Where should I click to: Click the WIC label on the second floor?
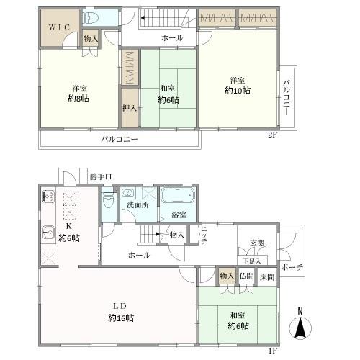point(59,27)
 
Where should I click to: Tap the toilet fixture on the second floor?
point(91,18)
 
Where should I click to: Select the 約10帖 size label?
point(238,91)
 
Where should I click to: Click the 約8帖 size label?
point(78,99)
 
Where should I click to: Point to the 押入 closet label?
point(130,108)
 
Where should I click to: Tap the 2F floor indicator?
point(273,135)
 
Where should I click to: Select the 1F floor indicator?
point(273,351)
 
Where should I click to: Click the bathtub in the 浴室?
point(178,196)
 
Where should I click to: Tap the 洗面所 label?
point(138,205)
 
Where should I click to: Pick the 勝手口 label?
point(101,177)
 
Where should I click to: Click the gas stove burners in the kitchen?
point(49,197)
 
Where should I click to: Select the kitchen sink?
point(49,233)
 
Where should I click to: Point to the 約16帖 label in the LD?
point(121,318)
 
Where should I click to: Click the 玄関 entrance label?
point(257,243)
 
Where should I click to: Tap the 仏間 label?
point(246,276)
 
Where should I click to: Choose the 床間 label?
point(267,277)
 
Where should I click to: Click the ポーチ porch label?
point(292,267)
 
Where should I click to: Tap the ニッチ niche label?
point(204,235)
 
